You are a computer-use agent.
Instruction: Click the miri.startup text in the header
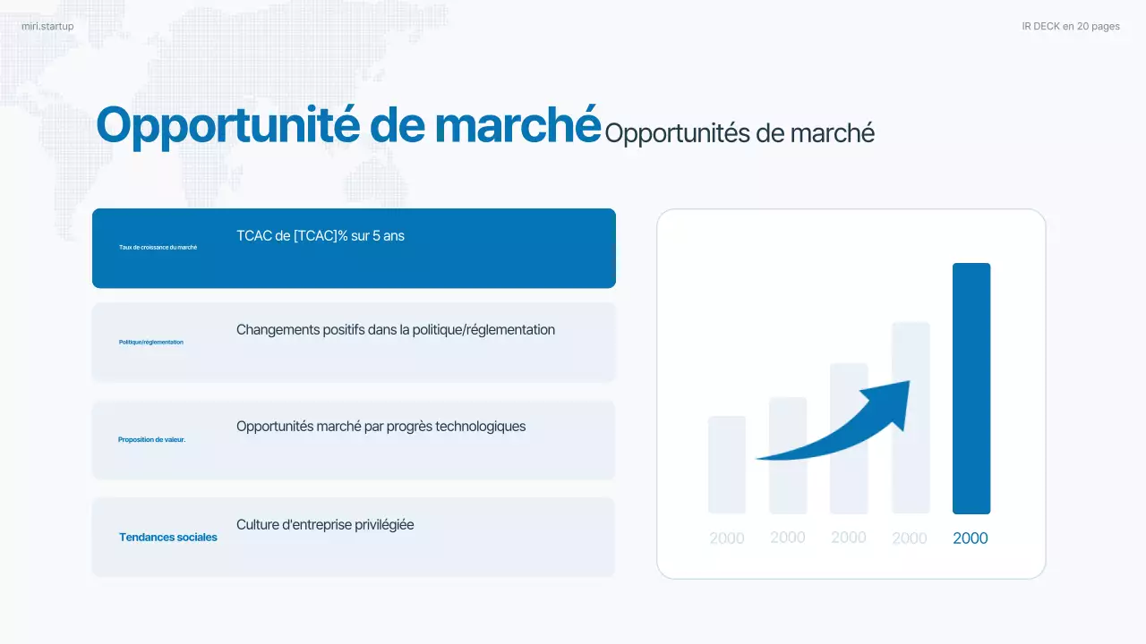47,27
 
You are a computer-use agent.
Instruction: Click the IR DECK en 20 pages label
1071,27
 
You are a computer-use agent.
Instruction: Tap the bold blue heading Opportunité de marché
347,125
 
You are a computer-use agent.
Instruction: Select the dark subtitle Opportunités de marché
739,133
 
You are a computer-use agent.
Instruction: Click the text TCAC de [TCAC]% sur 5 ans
321,236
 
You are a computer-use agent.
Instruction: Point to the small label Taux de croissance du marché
158,247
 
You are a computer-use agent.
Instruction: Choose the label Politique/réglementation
150,343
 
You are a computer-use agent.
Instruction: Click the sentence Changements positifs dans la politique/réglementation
395,330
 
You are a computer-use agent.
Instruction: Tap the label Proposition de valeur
151,440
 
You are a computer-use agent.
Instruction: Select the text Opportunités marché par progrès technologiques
381,427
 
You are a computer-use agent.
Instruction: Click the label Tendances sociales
168,538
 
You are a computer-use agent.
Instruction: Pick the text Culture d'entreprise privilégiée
325,525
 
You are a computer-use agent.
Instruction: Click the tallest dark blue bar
971,388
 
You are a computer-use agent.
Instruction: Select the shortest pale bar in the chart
726,465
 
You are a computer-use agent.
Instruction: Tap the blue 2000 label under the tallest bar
971,538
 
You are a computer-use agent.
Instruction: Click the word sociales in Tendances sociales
196,538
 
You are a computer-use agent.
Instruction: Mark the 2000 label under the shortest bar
726,538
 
